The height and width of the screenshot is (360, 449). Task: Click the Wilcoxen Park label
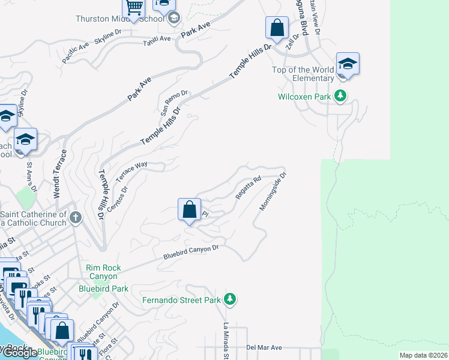click(304, 96)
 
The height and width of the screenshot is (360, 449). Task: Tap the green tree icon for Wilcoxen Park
click(340, 95)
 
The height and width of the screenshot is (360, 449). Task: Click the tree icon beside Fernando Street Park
click(229, 299)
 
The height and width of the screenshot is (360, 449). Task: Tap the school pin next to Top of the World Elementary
click(348, 64)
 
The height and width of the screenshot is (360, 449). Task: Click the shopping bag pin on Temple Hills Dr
click(277, 28)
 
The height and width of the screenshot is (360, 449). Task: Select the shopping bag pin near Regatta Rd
click(189, 210)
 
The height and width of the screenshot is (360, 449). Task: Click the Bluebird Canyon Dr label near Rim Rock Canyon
click(191, 252)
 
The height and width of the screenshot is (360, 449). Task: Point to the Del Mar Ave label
click(264, 347)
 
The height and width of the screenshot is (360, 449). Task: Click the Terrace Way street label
click(131, 172)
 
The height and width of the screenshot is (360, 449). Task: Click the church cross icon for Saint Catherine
click(75, 217)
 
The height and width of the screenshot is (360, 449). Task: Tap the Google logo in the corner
click(19, 353)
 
